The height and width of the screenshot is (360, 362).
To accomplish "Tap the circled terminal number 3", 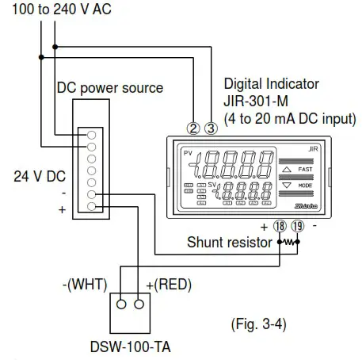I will (210, 127).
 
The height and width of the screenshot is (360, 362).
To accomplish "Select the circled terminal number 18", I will (280, 225).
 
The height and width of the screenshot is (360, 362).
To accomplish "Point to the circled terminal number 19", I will (297, 225).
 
